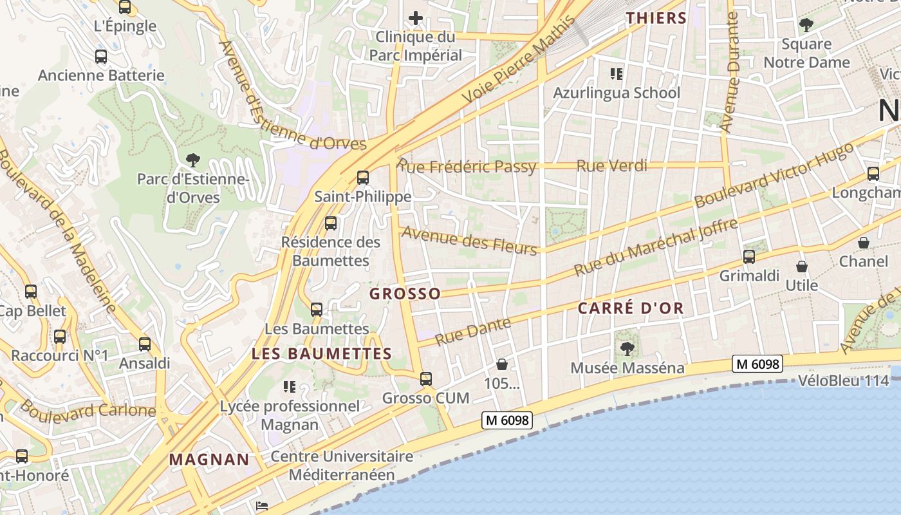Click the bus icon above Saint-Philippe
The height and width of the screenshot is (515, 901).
[363, 177]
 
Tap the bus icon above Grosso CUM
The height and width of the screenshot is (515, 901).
[426, 379]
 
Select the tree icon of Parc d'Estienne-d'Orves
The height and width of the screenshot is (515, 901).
[192, 160]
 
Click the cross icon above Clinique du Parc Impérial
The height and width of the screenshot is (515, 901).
[416, 18]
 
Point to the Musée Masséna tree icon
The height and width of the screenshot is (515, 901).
[627, 349]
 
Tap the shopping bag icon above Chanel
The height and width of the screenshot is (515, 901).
[864, 243]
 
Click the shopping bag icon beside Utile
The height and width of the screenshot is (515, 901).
[802, 267]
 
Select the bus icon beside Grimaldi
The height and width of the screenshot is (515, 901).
[749, 257]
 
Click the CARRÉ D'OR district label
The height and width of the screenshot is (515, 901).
[631, 308]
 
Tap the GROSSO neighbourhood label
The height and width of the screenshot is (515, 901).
[405, 294]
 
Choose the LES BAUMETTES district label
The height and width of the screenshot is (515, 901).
[322, 354]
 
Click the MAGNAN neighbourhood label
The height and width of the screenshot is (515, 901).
[209, 460]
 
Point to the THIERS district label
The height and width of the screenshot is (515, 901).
[657, 18]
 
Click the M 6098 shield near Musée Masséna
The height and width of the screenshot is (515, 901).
[757, 364]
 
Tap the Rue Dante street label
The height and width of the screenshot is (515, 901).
[473, 332]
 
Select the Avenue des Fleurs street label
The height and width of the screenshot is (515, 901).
[469, 241]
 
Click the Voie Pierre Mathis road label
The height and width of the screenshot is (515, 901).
[519, 60]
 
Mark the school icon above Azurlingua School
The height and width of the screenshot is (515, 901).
[617, 74]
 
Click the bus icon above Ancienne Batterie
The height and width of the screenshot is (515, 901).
[101, 57]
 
